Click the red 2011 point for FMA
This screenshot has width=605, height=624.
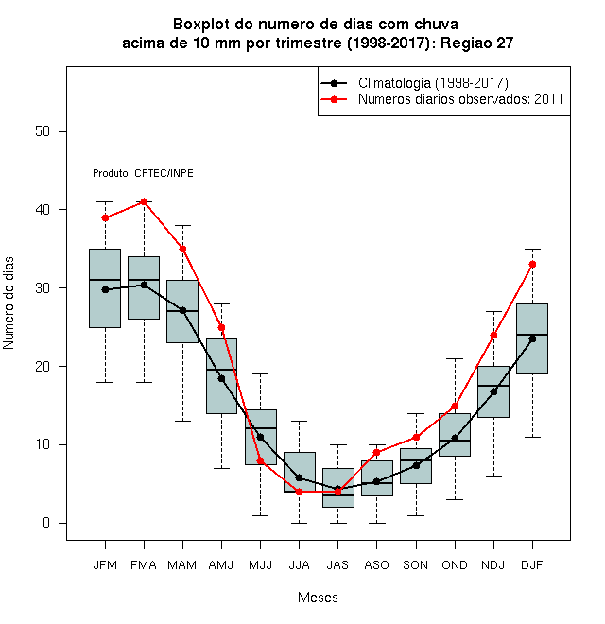click(x=144, y=201)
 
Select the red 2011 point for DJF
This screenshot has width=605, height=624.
click(x=532, y=264)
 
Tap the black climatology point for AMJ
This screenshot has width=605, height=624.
click(x=222, y=379)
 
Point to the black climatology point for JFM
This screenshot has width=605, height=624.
click(x=106, y=289)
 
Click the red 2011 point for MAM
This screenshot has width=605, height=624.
click(x=182, y=249)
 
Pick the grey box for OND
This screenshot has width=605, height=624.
click(x=455, y=435)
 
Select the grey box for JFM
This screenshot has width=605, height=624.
click(x=105, y=288)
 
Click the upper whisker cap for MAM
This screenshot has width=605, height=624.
click(x=182, y=225)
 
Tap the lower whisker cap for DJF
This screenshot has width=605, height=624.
click(x=532, y=437)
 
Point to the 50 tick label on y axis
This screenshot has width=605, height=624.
click(x=43, y=131)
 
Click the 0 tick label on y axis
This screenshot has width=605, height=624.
click(x=46, y=523)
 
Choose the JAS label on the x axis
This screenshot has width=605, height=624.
click(x=337, y=565)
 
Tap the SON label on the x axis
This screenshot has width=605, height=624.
click(x=416, y=565)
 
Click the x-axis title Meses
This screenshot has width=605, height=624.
click(x=318, y=598)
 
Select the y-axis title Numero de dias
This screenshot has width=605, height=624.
click(x=9, y=303)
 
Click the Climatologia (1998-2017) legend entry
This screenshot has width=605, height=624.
click(x=414, y=83)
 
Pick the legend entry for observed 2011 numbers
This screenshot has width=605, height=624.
click(x=441, y=99)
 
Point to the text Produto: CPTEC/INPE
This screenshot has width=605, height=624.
click(x=143, y=174)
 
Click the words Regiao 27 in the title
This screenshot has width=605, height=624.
click(x=476, y=43)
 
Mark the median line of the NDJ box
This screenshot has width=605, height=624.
click(x=493, y=386)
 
